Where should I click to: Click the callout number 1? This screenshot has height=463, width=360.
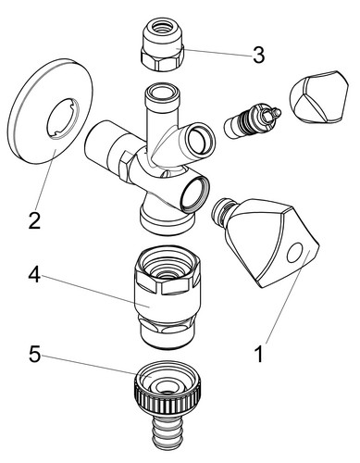coord(259,354)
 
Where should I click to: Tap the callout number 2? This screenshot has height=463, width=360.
coord(34,221)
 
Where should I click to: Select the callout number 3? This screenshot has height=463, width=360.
coord(258,55)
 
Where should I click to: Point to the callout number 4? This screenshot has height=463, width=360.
coord(34,275)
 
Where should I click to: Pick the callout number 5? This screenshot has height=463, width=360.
coord(34,354)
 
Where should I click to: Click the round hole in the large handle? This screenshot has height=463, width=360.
coord(295,252)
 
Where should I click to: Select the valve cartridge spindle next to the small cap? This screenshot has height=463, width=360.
coord(252,120)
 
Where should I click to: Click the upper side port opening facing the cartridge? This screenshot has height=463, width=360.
coord(202,140)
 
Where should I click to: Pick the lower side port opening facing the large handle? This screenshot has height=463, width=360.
coord(195,193)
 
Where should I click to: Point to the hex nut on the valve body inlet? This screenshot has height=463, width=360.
coord(126,166)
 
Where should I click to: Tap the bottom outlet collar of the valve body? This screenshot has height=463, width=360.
coord(168,218)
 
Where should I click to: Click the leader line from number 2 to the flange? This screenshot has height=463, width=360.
coord(46,180)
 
